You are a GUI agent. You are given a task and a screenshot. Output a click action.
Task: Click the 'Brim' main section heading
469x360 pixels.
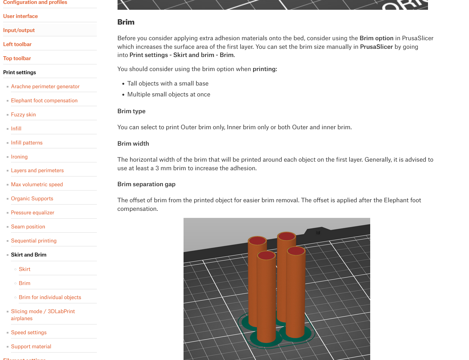tap(126, 22)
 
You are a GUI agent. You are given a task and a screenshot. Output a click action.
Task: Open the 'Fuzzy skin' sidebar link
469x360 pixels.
tap(23, 114)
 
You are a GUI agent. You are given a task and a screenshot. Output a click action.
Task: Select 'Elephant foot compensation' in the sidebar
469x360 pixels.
tap(44, 100)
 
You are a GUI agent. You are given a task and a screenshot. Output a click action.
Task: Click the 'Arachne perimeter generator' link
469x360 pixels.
tap(45, 86)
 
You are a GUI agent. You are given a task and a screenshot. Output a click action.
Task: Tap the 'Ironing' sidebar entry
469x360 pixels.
tap(19, 157)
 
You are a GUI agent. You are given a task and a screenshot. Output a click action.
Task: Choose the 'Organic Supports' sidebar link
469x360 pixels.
tap(32, 198)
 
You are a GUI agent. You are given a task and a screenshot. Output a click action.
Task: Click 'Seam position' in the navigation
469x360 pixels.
tap(28, 226)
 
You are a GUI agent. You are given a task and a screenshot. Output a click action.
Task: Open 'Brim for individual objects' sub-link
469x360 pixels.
tap(50, 297)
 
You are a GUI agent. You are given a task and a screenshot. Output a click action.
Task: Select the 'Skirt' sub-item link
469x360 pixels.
tap(25, 269)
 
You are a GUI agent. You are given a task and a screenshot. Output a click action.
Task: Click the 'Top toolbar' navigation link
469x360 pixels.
tap(17, 58)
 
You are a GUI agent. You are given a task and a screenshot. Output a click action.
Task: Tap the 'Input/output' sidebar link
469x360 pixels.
tap(19, 30)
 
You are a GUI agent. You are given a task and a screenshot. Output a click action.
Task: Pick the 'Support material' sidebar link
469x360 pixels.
tap(31, 346)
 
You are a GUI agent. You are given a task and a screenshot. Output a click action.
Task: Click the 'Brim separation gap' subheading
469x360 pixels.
tap(146, 184)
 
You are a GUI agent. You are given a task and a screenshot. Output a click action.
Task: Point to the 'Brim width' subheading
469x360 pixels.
tap(133, 143)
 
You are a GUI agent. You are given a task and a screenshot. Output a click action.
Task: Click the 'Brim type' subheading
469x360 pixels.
tap(131, 111)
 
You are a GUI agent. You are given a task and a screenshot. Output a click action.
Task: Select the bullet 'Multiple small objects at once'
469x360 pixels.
tap(169, 94)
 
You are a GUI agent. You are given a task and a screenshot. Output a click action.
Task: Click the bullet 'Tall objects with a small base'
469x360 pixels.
tap(168, 83)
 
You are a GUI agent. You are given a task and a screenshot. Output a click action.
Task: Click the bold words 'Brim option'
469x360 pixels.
tap(376, 38)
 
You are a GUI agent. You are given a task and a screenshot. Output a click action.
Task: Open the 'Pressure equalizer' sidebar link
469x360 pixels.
tap(32, 212)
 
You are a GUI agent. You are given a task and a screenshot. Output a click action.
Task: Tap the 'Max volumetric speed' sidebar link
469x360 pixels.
tap(37, 184)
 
